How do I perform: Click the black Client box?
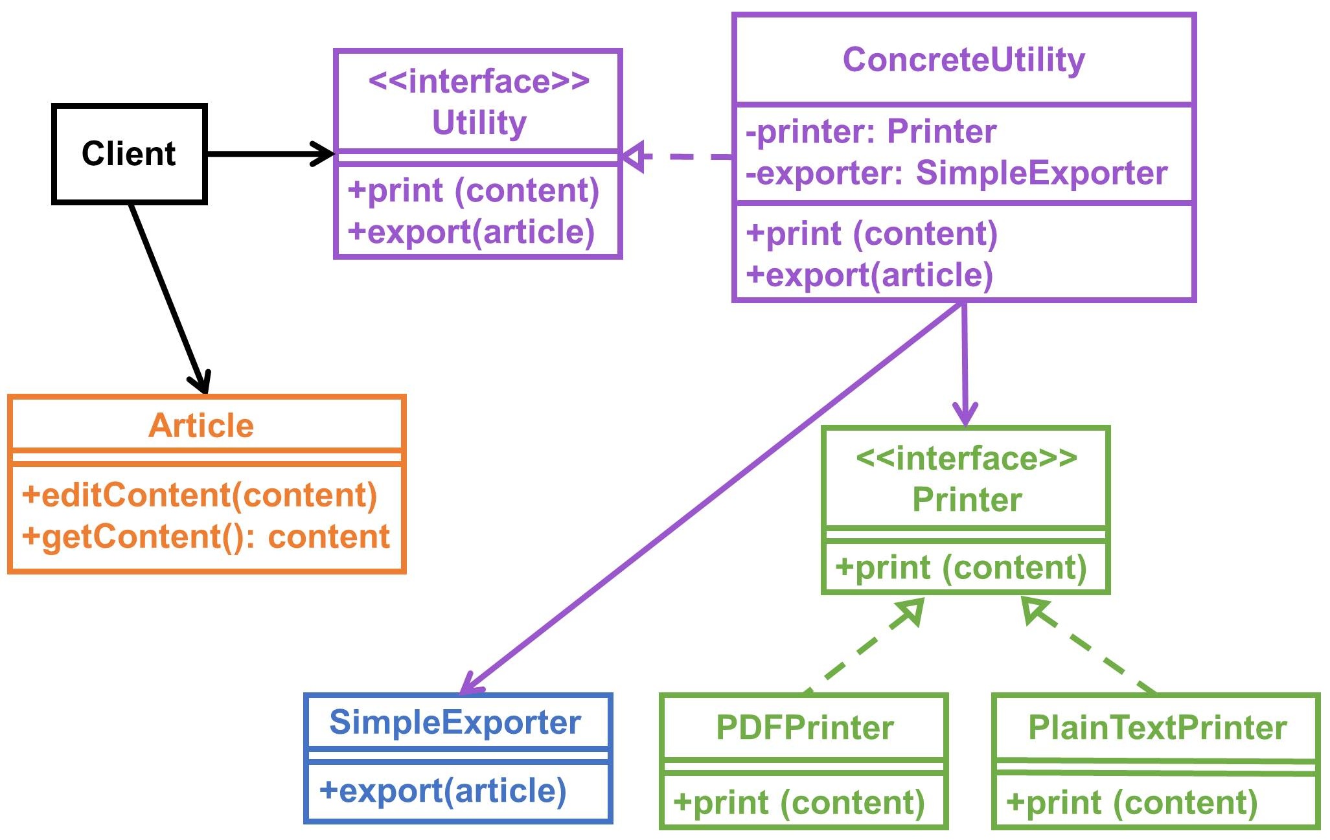129,154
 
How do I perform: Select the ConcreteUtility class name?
963,60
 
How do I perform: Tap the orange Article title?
201,426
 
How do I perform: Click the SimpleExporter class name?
455,722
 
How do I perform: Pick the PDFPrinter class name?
804,727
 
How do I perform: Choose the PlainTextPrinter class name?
1157,727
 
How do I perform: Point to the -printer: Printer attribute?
871,132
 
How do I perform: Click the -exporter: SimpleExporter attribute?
956,173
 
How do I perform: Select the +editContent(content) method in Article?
200,495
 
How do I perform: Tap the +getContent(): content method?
206,536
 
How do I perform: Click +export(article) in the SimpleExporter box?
443,791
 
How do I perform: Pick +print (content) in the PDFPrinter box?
799,802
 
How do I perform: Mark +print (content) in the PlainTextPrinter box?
1132,802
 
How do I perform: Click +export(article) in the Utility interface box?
472,232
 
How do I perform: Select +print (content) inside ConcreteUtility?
872,233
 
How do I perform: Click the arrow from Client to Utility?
269,154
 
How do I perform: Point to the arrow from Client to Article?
168,298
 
